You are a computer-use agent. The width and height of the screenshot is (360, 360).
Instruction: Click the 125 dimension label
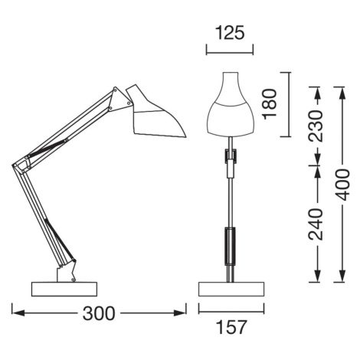tap(230, 33)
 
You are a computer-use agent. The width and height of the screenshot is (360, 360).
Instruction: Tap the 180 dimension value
tap(270, 104)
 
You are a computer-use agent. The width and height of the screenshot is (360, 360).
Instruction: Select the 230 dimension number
tap(316, 126)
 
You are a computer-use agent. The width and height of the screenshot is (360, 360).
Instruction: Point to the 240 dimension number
tap(316, 224)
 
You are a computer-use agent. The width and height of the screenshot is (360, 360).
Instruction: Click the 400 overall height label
tap(342, 185)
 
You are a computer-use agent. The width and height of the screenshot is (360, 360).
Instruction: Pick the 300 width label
tap(99, 313)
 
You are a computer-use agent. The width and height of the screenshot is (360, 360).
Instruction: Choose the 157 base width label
tap(231, 327)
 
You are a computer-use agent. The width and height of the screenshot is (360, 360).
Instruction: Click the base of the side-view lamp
tap(64, 289)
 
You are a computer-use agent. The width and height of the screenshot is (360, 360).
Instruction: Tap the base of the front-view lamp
tap(231, 289)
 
